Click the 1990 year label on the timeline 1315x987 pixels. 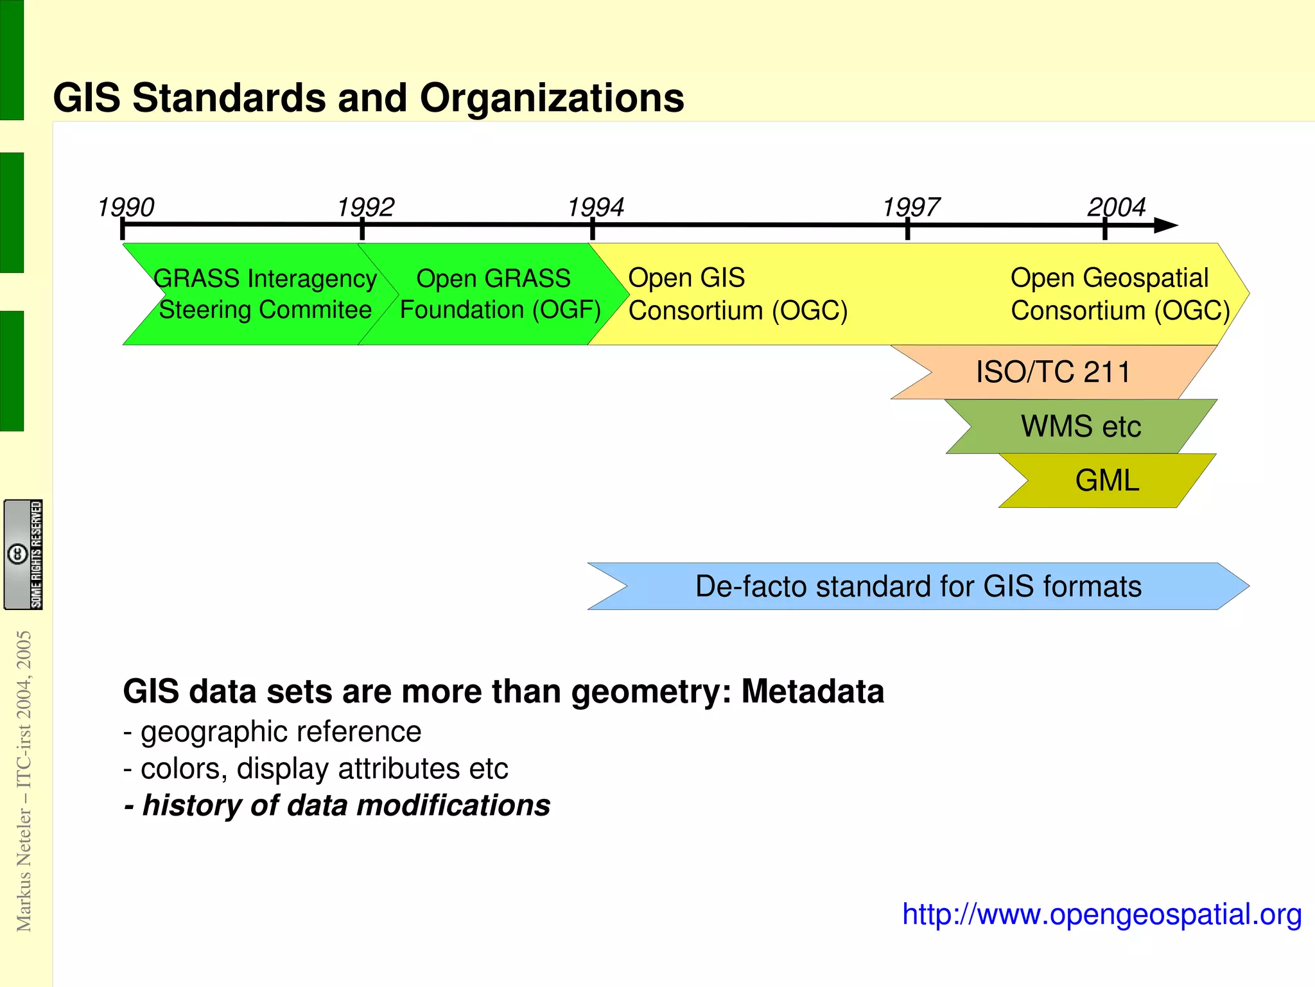point(126,207)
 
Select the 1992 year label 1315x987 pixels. point(366,207)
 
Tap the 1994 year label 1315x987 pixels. point(596,207)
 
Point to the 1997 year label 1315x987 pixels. point(911,207)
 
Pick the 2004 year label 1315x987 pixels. point(1117,207)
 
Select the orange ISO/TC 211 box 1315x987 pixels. point(1053,372)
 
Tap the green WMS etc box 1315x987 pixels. point(1081,426)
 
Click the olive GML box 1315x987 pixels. point(1107,480)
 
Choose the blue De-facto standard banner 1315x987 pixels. point(918,586)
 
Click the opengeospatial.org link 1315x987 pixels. point(1102,914)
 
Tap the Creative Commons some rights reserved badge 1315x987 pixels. point(24,554)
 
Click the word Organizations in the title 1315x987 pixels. point(552,98)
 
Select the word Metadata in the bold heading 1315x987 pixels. point(813,692)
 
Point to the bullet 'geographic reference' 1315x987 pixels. point(273,732)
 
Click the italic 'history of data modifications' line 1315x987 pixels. point(338,805)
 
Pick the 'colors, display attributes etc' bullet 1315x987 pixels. point(317,769)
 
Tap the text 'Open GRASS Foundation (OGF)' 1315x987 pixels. point(500,294)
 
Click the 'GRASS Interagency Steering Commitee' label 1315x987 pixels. point(265,294)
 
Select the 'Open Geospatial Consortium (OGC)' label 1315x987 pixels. point(1120,294)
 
